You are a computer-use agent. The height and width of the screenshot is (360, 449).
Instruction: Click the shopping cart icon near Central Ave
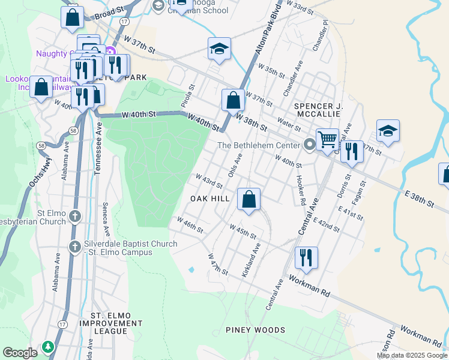327,140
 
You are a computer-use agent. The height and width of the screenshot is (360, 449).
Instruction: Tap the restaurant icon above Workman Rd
306,257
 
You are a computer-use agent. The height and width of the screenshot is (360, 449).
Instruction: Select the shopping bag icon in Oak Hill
249,199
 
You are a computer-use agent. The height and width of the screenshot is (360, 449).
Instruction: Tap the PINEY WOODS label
255,330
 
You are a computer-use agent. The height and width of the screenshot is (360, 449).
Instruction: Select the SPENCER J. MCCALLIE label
318,111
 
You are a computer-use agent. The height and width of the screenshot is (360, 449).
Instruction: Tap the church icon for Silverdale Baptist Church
75,246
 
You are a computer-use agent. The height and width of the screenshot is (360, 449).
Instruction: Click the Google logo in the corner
20,353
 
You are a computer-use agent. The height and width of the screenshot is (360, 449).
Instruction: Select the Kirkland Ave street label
251,260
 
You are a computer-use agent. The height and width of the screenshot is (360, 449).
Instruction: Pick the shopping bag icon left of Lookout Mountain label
41,87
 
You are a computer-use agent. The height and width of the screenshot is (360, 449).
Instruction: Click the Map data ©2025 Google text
412,355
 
